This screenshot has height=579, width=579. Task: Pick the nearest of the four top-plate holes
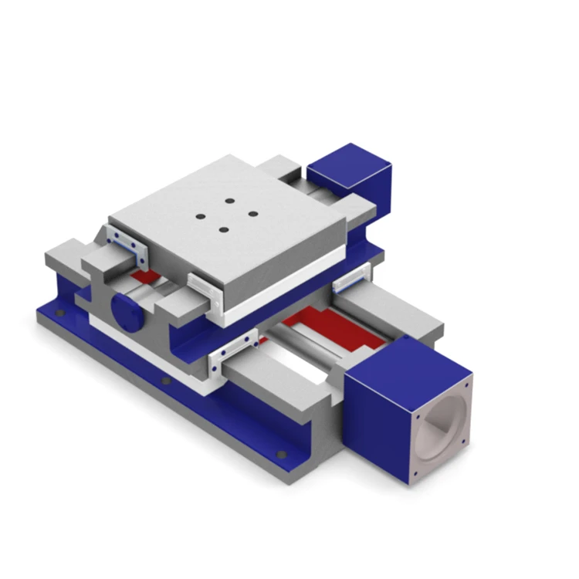(x=222, y=229)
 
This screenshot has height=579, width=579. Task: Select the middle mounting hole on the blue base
(x=164, y=380)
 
